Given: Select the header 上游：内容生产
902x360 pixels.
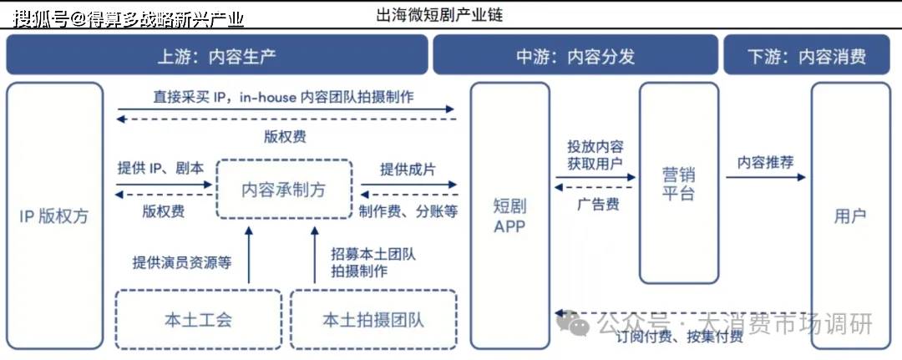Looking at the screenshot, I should point(216,57).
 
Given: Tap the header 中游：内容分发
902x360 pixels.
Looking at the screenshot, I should point(575,57).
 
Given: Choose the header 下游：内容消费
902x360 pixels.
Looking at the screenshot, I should point(807,57).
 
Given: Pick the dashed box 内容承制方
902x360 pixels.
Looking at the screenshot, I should point(284,190).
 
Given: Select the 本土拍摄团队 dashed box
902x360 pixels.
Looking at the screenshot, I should point(373,319).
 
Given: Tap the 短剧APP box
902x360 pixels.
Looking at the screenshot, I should point(509,215).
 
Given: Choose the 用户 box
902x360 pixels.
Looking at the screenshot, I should point(850,215).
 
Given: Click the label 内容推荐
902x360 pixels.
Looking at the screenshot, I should point(765,162).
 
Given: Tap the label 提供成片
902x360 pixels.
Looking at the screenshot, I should point(408,169).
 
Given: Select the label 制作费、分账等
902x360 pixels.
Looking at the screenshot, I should point(408,211).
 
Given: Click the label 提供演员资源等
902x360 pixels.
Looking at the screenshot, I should point(181,262).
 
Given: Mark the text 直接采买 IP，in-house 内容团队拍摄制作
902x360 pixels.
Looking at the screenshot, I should point(283,97).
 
